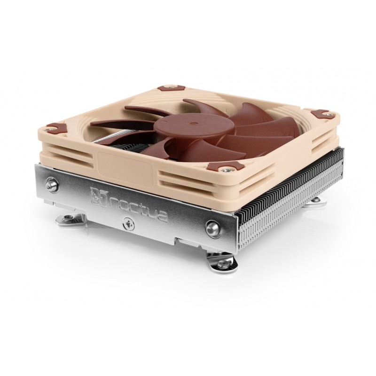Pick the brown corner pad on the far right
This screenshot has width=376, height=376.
[321, 113]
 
